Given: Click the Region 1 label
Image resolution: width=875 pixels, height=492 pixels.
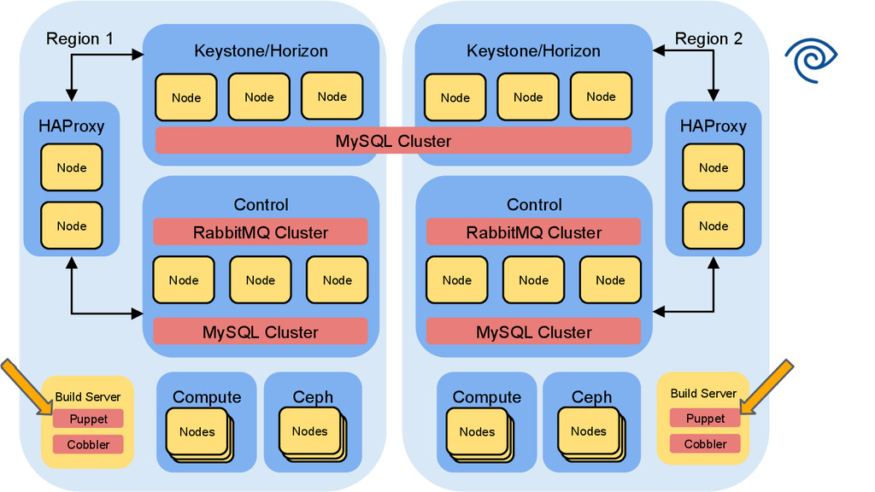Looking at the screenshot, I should tap(79, 38).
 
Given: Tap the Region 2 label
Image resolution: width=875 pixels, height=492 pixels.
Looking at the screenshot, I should tap(708, 38).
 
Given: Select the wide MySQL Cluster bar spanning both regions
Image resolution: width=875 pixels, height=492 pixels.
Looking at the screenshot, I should tap(393, 141).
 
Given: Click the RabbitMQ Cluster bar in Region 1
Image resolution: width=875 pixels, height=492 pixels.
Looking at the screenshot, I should tap(260, 232).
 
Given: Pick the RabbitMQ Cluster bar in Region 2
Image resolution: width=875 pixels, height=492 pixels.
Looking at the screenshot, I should tap(533, 232).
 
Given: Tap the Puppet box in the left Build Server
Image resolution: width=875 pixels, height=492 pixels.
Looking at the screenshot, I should tap(88, 419).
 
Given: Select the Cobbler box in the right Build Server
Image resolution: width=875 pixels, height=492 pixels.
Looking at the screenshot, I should tap(705, 444).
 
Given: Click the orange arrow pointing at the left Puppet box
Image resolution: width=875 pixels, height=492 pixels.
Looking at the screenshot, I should tap(23, 385).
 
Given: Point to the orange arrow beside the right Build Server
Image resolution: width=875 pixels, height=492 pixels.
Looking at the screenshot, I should tap(769, 385).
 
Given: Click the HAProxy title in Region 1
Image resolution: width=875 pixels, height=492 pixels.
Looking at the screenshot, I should tap(71, 126).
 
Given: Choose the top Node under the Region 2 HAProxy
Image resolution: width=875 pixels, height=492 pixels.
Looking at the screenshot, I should tap(713, 167).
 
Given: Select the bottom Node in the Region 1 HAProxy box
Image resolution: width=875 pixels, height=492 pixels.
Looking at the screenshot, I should tap(72, 226).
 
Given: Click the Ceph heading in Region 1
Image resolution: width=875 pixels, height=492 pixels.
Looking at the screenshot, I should tap(313, 397).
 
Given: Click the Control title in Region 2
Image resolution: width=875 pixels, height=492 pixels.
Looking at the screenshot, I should tap(534, 205).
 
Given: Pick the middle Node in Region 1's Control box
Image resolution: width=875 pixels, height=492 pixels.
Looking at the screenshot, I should tap(260, 280).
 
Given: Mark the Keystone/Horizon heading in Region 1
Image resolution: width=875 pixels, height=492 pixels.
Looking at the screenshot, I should tap(261, 51).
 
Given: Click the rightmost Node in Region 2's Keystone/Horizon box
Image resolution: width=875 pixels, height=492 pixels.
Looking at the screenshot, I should tap(601, 97).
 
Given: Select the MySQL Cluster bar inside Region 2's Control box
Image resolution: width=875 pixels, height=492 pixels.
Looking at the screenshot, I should tap(533, 332).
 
